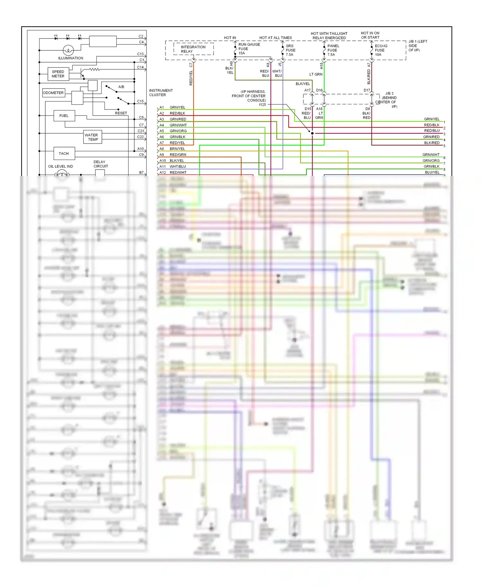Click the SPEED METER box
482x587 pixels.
point(58,74)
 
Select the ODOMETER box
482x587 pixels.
point(53,93)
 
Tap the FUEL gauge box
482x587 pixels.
point(64,116)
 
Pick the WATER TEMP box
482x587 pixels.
point(93,137)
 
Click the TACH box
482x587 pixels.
point(64,153)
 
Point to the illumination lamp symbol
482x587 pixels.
point(68,50)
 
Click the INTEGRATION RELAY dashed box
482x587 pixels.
point(193,49)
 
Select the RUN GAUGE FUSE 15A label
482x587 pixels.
point(248,49)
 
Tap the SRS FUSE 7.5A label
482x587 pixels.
point(290,50)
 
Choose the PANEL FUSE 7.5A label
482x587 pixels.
point(333,50)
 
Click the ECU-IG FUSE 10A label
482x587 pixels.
point(381,50)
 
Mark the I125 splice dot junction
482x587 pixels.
point(312,133)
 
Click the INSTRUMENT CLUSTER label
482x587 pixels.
point(161,93)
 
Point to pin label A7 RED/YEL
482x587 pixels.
point(172,143)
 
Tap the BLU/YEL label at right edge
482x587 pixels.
point(432,172)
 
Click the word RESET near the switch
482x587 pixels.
point(121,113)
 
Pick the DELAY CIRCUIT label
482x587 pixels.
point(100,164)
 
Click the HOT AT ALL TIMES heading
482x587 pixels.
point(275,38)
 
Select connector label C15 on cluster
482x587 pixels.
point(140,101)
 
